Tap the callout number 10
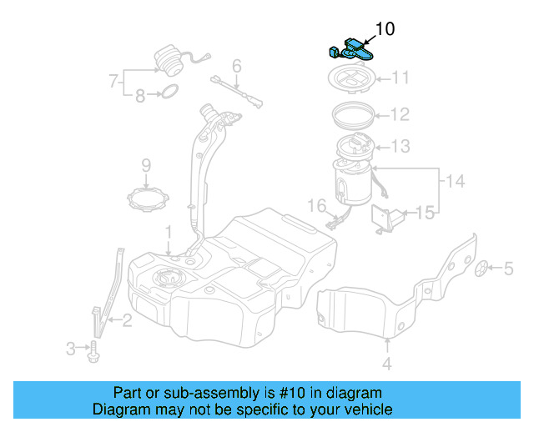pyautogui.click(x=385, y=29)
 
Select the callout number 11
pyautogui.click(x=400, y=78)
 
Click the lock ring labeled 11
pyautogui.click(x=350, y=80)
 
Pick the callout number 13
pyautogui.click(x=400, y=147)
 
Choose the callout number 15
pyautogui.click(x=426, y=213)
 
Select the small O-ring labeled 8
pyautogui.click(x=168, y=91)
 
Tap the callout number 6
pyautogui.click(x=237, y=65)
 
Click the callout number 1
pyautogui.click(x=168, y=230)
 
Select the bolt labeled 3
pyautogui.click(x=93, y=349)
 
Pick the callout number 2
pyautogui.click(x=127, y=319)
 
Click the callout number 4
pyautogui.click(x=387, y=364)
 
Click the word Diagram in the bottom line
pyautogui.click(x=118, y=409)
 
